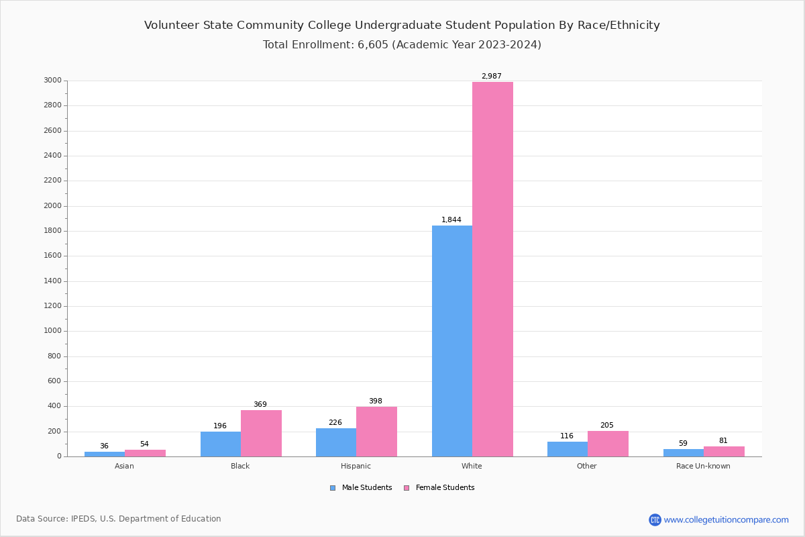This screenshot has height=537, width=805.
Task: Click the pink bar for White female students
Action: click(x=492, y=268)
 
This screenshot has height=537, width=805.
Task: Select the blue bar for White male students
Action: click(x=452, y=341)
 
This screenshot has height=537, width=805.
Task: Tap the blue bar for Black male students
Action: click(x=221, y=444)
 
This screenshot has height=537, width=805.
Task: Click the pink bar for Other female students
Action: click(x=608, y=444)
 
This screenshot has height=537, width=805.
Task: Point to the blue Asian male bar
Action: click(x=105, y=454)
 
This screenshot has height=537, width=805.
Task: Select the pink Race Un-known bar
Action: click(x=724, y=451)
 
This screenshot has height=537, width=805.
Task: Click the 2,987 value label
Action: click(x=491, y=77)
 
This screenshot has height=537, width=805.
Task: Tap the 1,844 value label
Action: click(x=451, y=220)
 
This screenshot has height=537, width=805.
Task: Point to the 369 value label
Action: click(x=260, y=405)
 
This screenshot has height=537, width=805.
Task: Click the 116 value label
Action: click(x=567, y=436)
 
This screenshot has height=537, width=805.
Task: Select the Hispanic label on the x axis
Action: click(x=356, y=467)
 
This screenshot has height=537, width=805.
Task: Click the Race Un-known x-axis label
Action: click(x=703, y=467)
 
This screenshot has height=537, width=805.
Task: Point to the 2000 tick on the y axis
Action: click(x=53, y=206)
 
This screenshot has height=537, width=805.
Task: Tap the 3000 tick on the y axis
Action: click(x=53, y=81)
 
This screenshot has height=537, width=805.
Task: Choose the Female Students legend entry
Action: click(x=439, y=488)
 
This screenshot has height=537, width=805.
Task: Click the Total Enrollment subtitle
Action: click(x=402, y=45)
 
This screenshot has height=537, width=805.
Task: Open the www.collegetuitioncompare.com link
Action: click(x=726, y=520)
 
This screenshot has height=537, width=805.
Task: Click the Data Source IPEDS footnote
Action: click(x=119, y=519)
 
